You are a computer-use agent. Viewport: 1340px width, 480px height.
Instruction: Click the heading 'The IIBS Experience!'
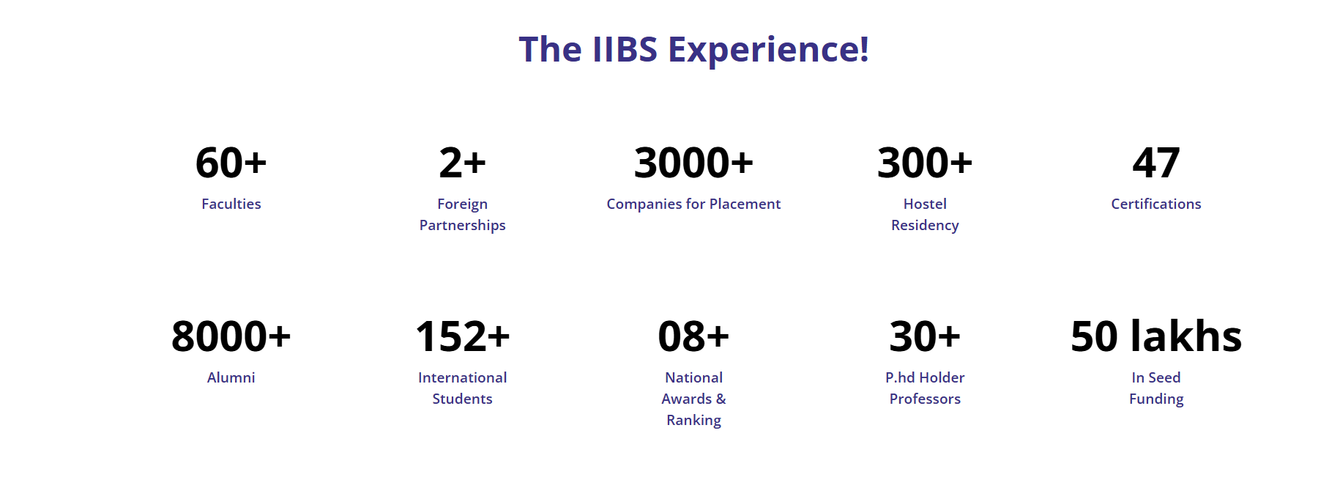click(693, 50)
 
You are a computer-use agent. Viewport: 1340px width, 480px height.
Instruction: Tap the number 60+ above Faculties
click(231, 163)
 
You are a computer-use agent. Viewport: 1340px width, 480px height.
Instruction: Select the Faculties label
click(231, 204)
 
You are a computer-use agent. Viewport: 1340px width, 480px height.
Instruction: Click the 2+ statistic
click(462, 163)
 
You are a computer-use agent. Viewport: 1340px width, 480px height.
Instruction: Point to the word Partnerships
click(462, 225)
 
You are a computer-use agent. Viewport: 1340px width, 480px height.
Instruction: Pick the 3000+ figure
click(693, 163)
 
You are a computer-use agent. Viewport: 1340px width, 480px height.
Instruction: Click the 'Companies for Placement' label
click(693, 204)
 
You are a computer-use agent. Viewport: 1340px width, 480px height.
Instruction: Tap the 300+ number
click(925, 163)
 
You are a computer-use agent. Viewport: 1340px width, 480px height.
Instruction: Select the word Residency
click(925, 225)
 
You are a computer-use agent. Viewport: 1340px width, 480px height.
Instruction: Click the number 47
click(1156, 163)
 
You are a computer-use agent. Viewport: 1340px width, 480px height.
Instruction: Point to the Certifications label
click(1156, 204)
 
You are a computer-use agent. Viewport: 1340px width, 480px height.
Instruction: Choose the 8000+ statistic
click(231, 336)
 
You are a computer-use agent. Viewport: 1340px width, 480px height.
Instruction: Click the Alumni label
click(231, 377)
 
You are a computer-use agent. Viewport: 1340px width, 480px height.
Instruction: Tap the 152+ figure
click(462, 336)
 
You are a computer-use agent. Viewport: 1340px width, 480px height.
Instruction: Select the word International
click(462, 377)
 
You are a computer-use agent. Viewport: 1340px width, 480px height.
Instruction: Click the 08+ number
click(693, 336)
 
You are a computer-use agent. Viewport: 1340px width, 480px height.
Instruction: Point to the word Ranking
click(693, 420)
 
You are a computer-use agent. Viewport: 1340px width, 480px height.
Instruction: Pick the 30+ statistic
click(925, 336)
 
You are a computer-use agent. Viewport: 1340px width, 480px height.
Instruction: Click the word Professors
click(925, 399)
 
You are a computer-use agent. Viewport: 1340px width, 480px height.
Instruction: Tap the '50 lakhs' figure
click(1156, 336)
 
